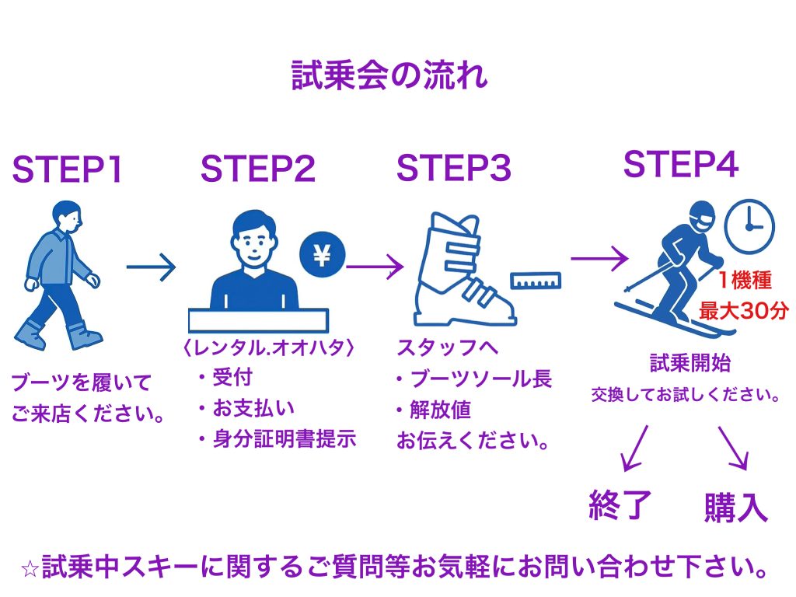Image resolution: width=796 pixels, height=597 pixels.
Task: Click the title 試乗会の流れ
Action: (389, 76)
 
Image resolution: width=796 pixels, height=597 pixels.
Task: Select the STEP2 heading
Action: (258, 169)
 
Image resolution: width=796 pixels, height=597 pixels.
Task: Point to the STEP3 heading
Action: (454, 169)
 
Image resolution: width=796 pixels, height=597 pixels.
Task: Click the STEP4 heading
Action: (681, 164)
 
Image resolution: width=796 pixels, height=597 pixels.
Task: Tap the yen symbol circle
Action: (323, 254)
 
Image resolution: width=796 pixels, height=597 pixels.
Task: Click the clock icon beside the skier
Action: (749, 224)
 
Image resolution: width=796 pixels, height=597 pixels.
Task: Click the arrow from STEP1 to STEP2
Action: (151, 268)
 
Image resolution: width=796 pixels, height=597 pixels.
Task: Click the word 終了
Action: (620, 506)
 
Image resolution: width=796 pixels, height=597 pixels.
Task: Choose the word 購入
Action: (735, 507)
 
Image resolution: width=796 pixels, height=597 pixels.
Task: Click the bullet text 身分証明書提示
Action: (284, 439)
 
